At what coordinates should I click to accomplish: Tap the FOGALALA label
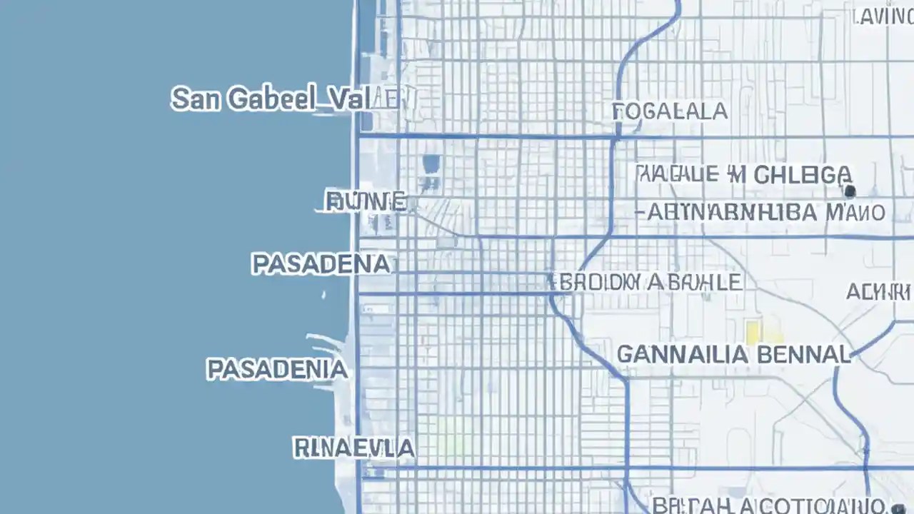point(670,111)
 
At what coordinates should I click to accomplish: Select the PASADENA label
point(321,264)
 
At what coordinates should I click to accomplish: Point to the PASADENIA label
point(277,369)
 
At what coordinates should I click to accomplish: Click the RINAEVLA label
point(353,448)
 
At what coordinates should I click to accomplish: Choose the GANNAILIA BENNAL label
point(733,354)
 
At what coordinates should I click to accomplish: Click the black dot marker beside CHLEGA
point(850,191)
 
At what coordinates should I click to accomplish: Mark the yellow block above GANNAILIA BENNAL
point(753,331)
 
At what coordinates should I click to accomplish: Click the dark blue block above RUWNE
point(431,164)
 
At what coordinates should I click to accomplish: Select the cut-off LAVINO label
point(883,17)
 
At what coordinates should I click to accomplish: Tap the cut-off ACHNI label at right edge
point(879,292)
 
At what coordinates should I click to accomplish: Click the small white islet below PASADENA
point(323,294)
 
